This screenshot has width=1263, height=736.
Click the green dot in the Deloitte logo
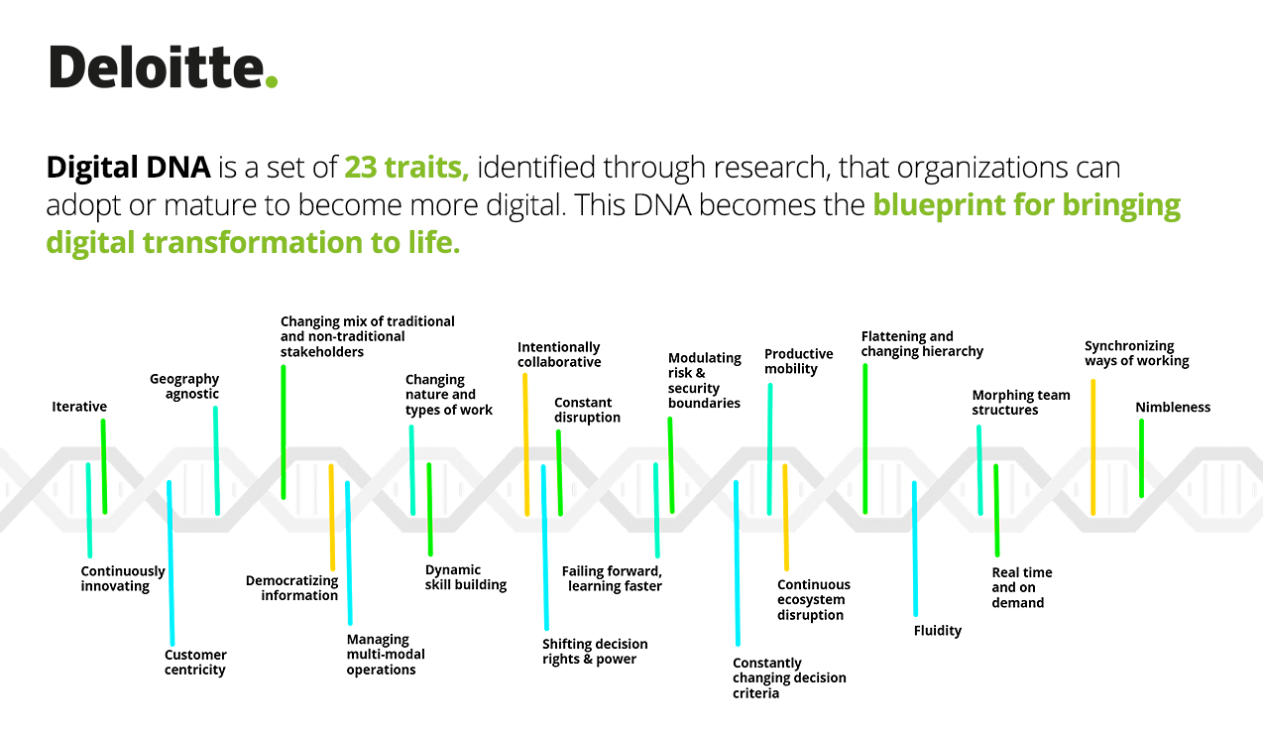tap(272, 81)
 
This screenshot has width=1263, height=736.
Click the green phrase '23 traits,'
tap(406, 168)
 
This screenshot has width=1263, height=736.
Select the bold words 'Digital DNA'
tap(129, 168)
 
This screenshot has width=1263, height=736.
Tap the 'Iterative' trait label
tap(79, 407)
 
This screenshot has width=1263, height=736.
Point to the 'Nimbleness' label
tap(1173, 408)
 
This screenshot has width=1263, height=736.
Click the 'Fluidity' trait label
tap(938, 631)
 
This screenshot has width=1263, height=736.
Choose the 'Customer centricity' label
tap(195, 663)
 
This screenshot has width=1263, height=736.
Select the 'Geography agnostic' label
tap(184, 386)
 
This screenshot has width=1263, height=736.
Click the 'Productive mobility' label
tap(798, 361)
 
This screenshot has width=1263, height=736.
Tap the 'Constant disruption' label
tap(587, 410)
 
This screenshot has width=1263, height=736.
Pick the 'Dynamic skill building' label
tap(466, 577)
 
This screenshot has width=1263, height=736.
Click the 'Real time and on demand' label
tap(1022, 587)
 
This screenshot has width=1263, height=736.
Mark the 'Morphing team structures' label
tap(1020, 402)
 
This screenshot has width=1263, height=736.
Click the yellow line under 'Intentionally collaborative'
tap(526, 444)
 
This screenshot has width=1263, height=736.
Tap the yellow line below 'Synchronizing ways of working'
tap(1092, 446)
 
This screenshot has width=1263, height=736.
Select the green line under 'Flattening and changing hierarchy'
tap(865, 438)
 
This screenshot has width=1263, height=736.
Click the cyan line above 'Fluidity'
tap(915, 549)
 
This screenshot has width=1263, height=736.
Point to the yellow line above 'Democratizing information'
tap(332, 517)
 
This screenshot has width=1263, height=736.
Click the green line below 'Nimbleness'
tap(1142, 458)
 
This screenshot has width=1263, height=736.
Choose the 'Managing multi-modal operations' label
tap(386, 655)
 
